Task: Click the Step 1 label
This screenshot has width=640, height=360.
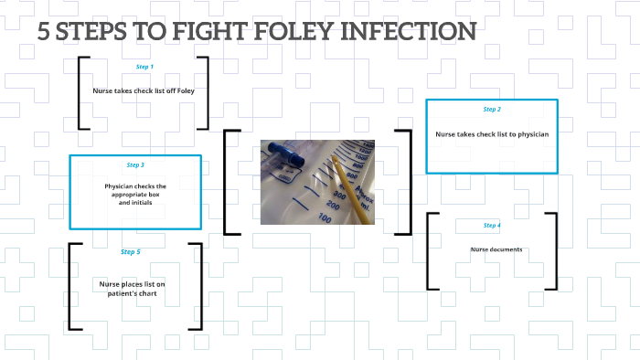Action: (144, 67)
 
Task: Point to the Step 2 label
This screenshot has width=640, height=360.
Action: (492, 110)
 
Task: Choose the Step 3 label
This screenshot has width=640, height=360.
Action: (135, 165)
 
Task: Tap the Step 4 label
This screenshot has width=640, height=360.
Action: (492, 225)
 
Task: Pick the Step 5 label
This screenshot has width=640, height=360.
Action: (131, 251)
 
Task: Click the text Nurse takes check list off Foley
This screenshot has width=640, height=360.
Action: (144, 91)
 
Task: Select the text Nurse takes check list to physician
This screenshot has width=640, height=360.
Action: (492, 134)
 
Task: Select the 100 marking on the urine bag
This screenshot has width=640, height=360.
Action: (325, 217)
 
